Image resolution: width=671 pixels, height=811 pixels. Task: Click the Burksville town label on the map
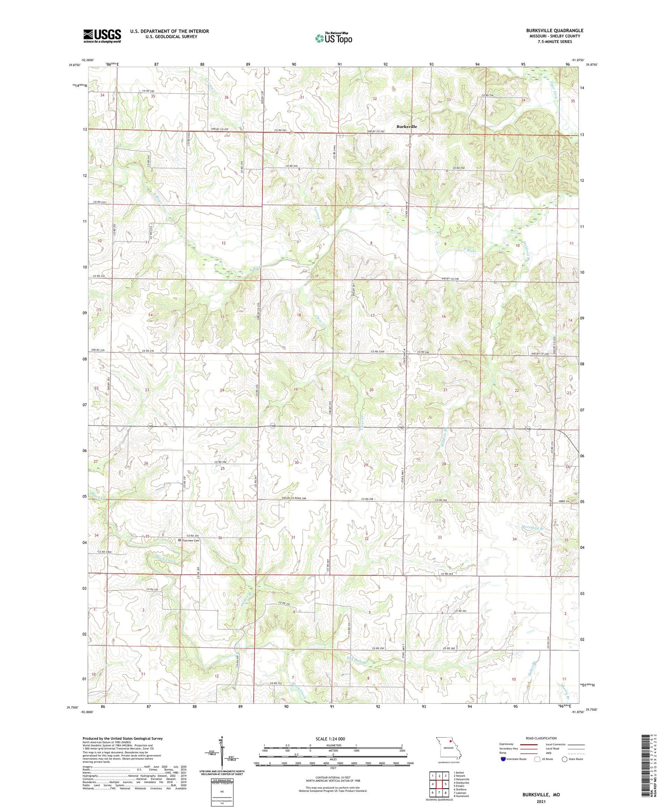click(406, 127)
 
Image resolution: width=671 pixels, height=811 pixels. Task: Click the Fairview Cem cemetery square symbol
click(180, 540)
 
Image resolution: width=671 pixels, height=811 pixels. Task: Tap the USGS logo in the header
click(102, 36)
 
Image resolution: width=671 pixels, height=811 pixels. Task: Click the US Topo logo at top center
click(333, 38)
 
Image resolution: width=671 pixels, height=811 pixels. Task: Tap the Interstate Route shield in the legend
click(503, 759)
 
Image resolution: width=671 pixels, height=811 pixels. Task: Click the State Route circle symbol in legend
click(565, 759)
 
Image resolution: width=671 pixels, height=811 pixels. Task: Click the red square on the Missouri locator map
click(450, 744)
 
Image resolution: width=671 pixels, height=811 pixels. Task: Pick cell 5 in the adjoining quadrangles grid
click(446, 784)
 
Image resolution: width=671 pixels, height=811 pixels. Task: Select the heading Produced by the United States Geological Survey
click(122, 739)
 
